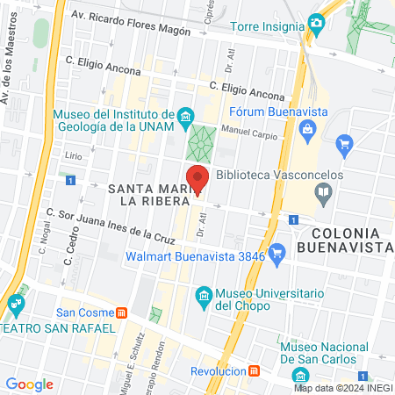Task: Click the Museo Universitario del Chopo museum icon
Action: coord(204,294)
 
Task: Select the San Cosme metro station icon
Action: coord(122,312)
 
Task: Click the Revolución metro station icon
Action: coord(255,370)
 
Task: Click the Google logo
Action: coord(29,384)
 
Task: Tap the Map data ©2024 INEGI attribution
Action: coord(342,388)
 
